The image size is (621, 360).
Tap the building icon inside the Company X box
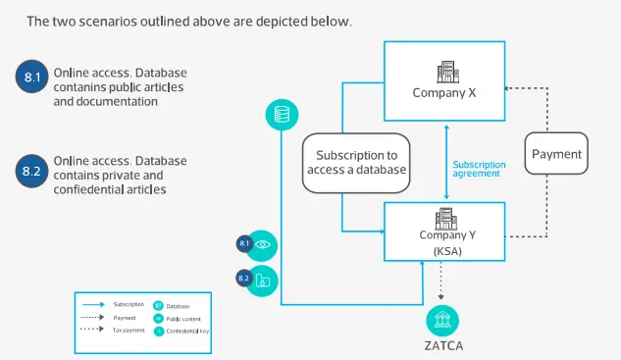coord(444,72)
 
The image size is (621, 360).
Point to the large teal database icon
coord(283,115)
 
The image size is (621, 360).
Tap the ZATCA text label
coord(443,345)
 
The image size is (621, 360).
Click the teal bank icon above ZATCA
coord(443,320)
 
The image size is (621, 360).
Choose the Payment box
coord(555,154)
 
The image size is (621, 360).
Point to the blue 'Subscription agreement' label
coord(480,168)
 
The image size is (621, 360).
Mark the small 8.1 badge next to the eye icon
coord(244,242)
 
